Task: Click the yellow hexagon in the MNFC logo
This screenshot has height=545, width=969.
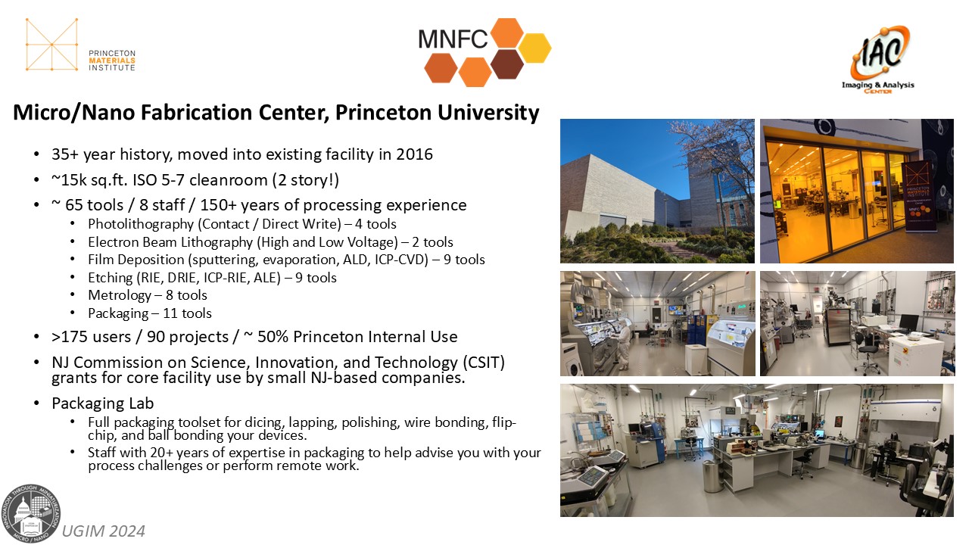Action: tap(534, 48)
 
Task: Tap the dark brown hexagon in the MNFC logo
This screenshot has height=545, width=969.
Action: tap(507, 64)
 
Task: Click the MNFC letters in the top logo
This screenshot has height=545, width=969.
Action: tap(453, 39)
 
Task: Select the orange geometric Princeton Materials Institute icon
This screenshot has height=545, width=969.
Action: tap(51, 45)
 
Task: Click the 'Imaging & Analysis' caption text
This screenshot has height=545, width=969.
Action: tap(877, 85)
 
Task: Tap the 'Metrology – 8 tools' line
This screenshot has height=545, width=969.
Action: tap(148, 295)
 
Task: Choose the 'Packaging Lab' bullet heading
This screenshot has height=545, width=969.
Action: tap(102, 403)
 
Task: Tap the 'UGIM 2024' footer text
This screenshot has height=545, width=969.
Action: tap(104, 531)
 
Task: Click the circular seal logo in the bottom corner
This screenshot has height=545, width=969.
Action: tap(31, 513)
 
